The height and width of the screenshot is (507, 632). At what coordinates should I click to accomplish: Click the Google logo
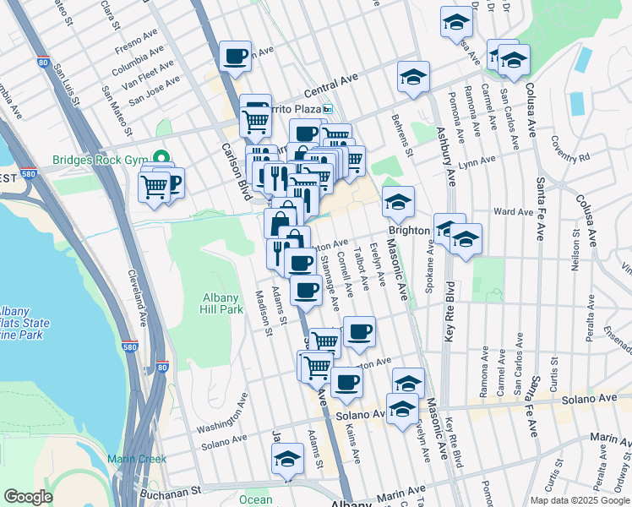pyautogui.click(x=29, y=497)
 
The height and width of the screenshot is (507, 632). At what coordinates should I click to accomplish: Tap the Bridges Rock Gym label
pyautogui.click(x=100, y=159)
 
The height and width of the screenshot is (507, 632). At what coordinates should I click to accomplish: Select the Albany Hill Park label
pyautogui.click(x=223, y=303)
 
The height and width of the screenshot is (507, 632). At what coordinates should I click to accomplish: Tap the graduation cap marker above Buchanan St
pyautogui.click(x=287, y=460)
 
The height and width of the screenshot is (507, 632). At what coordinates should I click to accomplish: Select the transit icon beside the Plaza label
pyautogui.click(x=331, y=110)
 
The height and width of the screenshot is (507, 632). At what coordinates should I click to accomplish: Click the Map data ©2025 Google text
pyautogui.click(x=579, y=499)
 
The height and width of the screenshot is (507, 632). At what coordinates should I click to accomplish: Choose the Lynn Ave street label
pyautogui.click(x=477, y=161)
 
